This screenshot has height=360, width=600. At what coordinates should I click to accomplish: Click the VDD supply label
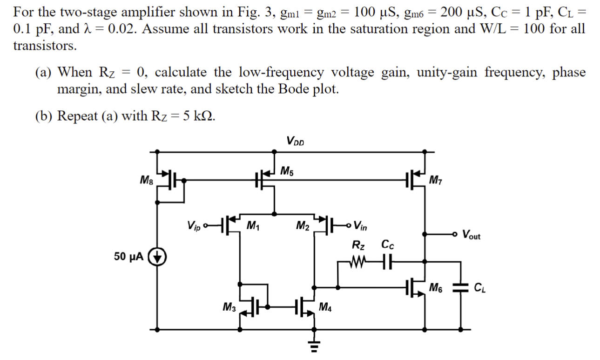coord(295,141)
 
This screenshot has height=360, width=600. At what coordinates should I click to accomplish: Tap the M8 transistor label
coord(147,179)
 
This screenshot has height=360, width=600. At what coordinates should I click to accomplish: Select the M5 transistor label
coord(287,171)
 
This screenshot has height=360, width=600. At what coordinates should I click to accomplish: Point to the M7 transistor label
coord(435,180)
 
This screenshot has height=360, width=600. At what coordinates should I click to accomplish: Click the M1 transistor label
coord(252,226)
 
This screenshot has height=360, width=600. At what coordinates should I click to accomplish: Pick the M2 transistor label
coord(303,226)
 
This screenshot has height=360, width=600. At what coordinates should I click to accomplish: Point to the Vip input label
coord(195,225)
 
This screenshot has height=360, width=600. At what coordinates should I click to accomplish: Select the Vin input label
coord(360,226)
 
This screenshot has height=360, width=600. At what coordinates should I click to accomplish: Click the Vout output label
coord(471,235)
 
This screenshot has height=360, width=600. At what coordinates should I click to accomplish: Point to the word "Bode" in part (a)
coord(293,89)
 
